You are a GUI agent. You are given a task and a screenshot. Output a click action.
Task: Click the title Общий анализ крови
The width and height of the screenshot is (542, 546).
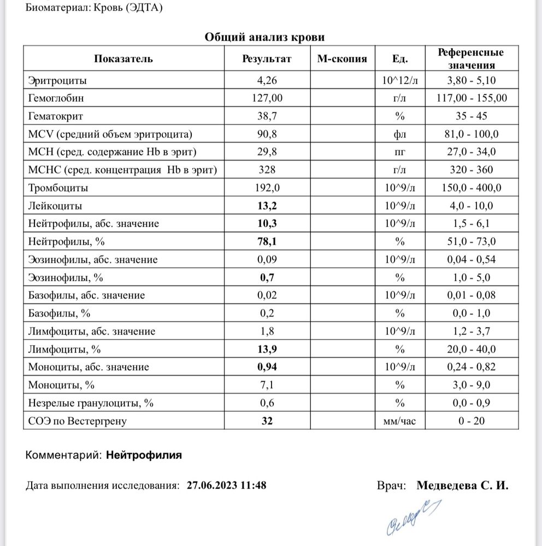tap(264, 37)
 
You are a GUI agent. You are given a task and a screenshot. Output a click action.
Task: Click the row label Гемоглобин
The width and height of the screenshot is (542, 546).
tap(56, 98)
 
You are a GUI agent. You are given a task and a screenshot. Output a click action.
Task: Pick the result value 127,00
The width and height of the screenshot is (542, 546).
tap(267, 98)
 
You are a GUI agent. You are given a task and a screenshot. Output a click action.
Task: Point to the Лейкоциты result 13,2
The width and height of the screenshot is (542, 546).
tap(267, 206)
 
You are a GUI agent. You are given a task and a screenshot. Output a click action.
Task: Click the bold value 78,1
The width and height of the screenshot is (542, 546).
tap(267, 241)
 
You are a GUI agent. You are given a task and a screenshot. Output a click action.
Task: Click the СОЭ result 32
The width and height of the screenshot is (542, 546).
tap(267, 420)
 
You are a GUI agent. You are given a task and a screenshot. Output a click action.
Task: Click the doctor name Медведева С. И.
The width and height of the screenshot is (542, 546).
tap(462, 485)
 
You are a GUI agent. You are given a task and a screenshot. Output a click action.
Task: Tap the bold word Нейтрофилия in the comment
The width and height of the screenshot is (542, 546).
tap(144, 454)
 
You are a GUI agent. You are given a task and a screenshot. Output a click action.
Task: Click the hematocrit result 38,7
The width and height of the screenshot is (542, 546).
tap(267, 116)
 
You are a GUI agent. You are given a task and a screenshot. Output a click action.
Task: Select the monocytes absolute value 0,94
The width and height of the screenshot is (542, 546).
tap(267, 367)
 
